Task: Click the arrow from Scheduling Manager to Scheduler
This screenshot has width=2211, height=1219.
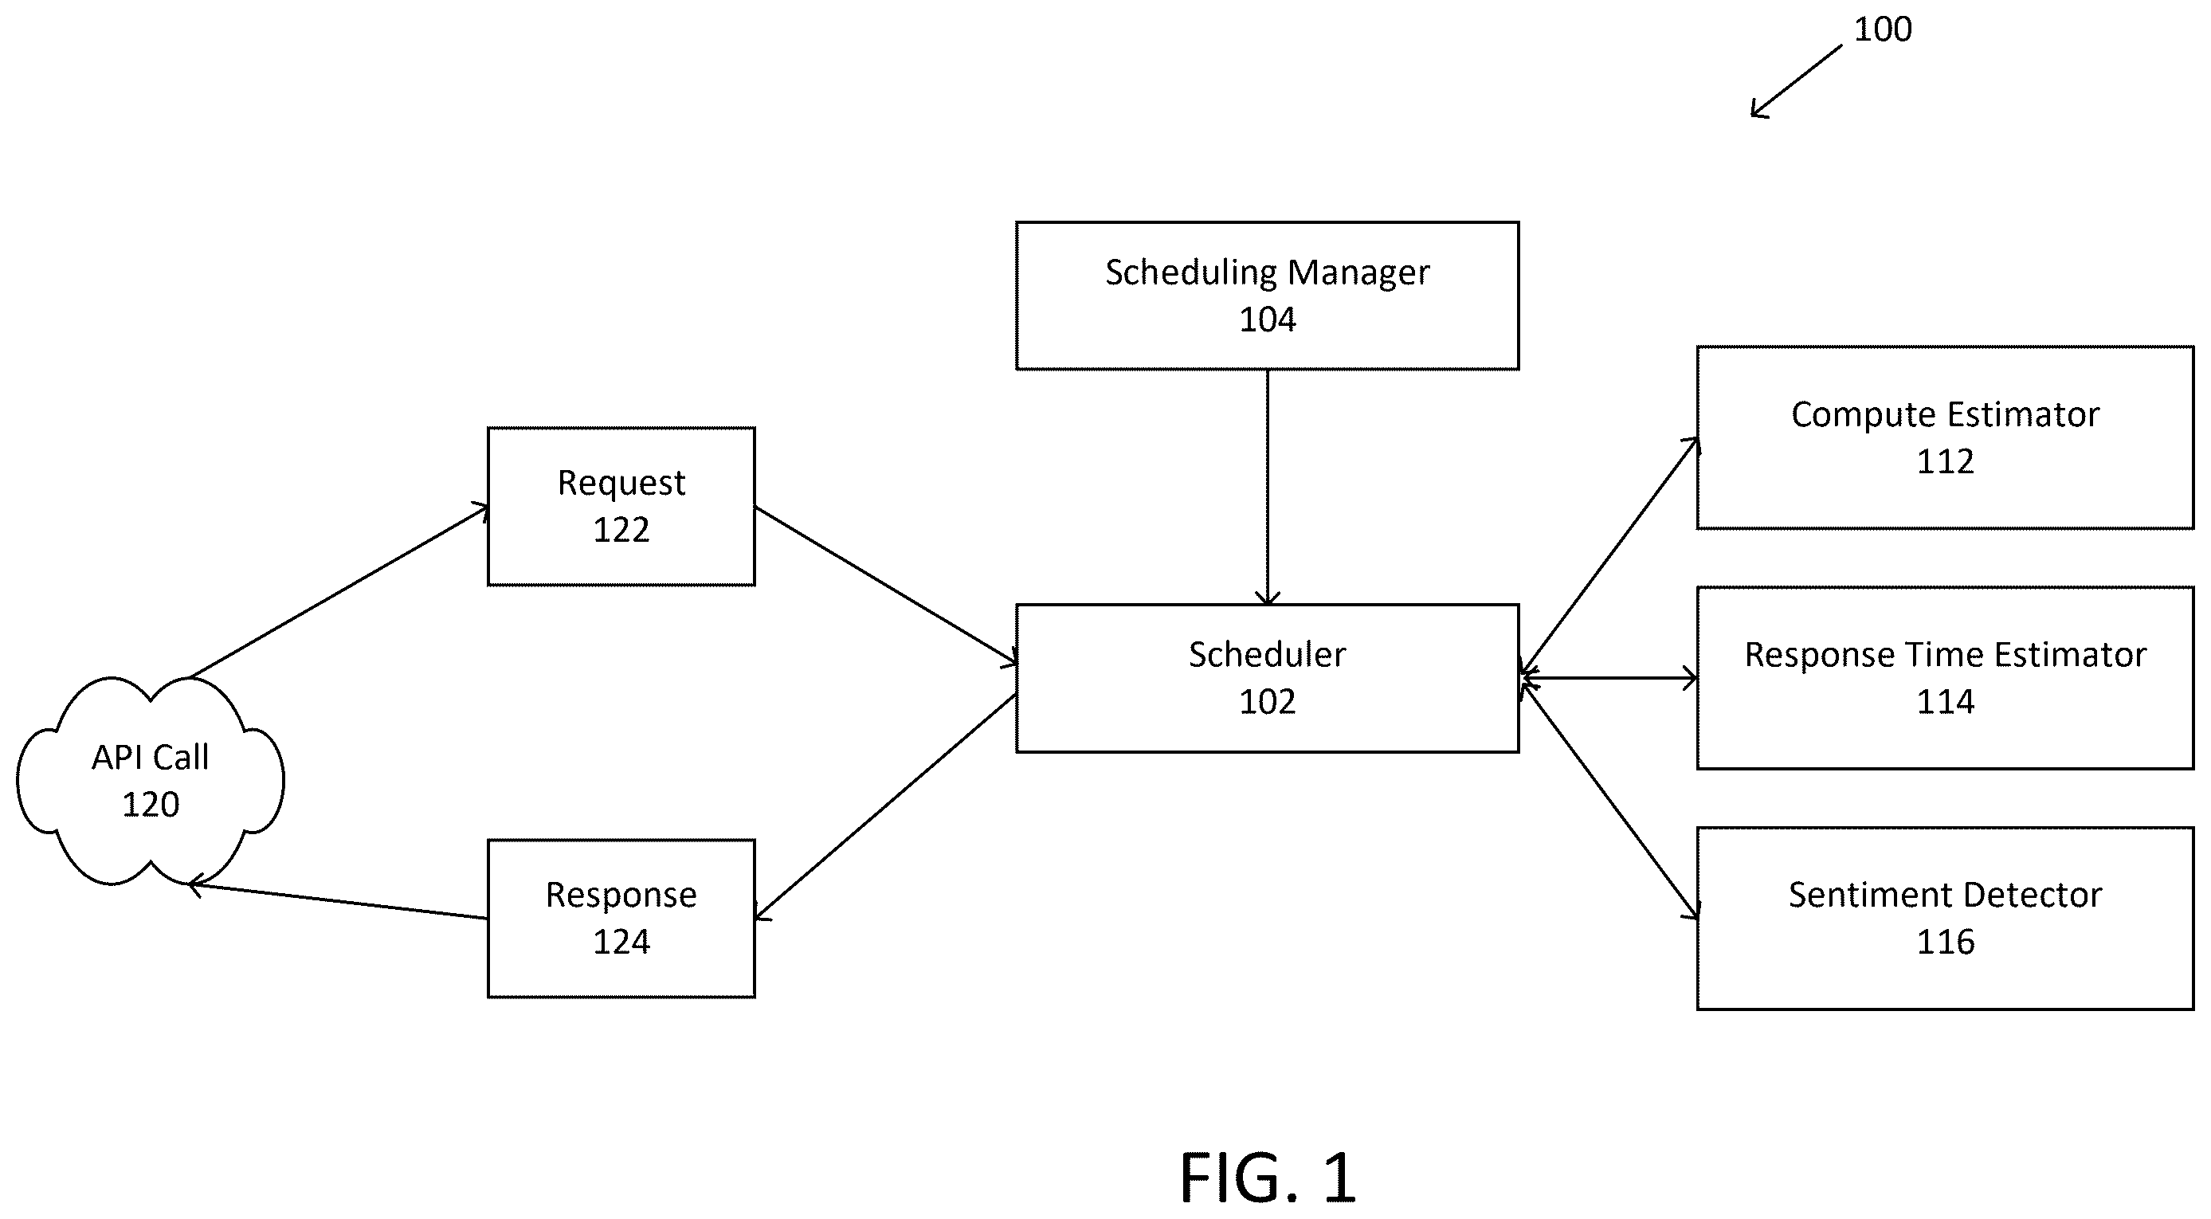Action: (x=1267, y=488)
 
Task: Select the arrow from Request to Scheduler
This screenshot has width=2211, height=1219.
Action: (x=886, y=586)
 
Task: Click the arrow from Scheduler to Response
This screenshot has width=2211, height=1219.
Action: (x=886, y=807)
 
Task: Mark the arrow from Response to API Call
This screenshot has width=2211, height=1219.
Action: (x=338, y=900)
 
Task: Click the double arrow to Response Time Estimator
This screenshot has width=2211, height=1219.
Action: (x=1609, y=678)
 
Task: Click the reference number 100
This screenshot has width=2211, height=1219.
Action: (x=1882, y=29)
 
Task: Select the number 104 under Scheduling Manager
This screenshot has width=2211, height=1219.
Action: (x=1267, y=319)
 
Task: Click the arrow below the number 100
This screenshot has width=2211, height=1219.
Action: (x=1796, y=81)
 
